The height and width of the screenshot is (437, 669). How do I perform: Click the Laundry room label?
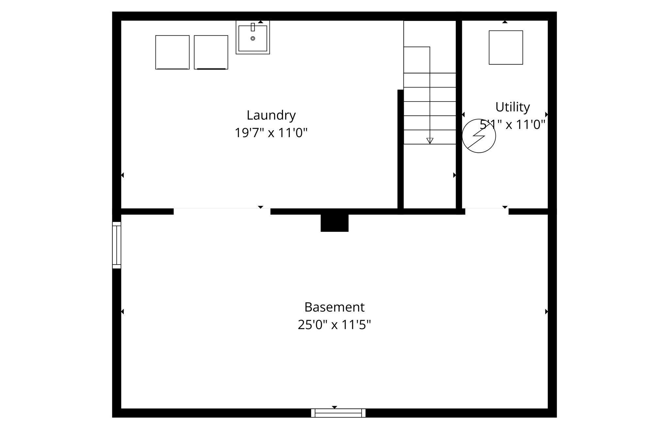click(271, 115)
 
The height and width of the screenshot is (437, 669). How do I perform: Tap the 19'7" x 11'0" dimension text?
click(271, 133)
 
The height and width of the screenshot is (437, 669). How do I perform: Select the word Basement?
click(334, 307)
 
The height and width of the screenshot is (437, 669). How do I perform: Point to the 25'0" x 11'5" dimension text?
click(334, 325)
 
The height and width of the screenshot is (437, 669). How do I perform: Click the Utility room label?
click(512, 107)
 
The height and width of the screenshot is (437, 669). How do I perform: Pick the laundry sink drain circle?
click(253, 39)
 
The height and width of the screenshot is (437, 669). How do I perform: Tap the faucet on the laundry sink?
click(253, 27)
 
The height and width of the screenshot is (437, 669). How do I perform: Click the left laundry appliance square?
click(172, 52)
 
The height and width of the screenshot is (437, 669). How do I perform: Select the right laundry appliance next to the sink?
click(211, 52)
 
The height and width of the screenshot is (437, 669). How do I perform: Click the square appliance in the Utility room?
click(506, 48)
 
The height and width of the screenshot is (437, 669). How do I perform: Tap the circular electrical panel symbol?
click(479, 136)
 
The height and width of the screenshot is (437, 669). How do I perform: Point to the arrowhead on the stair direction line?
click(430, 141)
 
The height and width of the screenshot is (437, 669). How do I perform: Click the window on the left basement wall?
click(117, 245)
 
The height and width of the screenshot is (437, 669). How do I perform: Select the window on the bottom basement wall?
click(338, 413)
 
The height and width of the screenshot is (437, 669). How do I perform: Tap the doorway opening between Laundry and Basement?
click(222, 211)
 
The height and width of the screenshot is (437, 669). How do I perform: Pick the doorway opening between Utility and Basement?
click(487, 211)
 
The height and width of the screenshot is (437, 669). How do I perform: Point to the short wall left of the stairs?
click(400, 149)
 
